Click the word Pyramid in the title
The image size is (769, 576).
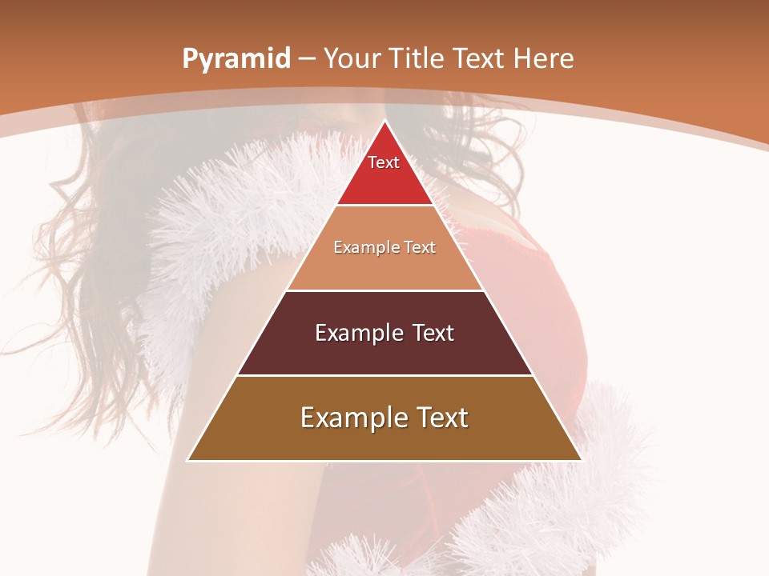point(236,59)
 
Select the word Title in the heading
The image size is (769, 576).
point(417,58)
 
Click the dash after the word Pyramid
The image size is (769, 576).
point(307,59)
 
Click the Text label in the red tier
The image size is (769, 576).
point(384,162)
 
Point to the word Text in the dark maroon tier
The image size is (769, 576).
point(433,333)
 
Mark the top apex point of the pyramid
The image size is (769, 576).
point(385,121)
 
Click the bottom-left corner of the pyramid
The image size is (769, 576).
point(188,460)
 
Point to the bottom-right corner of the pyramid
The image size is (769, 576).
point(581,460)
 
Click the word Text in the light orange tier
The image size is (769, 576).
point(419,247)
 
